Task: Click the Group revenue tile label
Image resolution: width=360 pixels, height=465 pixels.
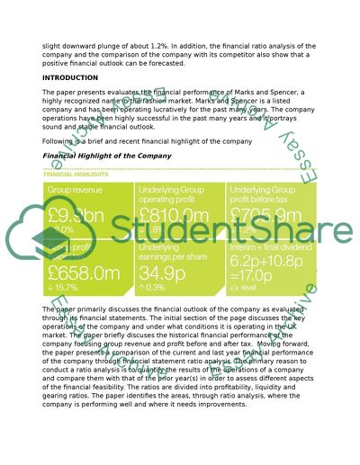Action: pos(76,192)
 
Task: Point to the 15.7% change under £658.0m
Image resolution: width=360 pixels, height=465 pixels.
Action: pos(68,288)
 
